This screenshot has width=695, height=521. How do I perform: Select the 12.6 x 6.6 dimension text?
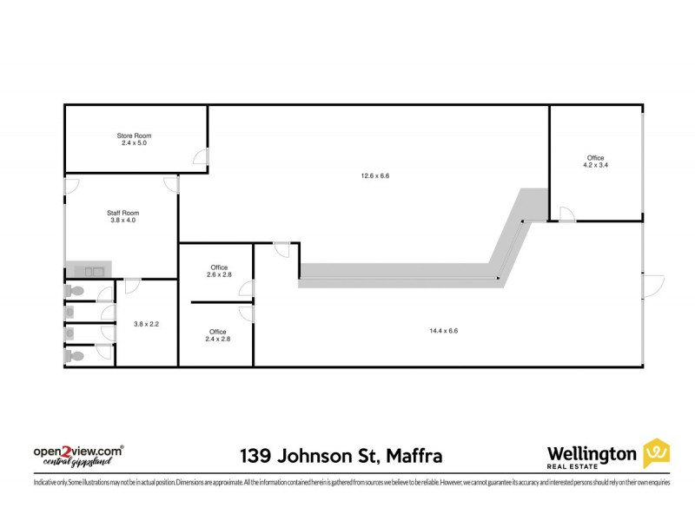point(375,176)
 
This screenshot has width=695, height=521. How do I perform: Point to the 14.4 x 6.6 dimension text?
point(443,330)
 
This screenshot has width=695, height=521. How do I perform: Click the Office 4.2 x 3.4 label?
point(595,161)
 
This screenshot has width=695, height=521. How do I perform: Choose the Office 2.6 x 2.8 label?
point(218,271)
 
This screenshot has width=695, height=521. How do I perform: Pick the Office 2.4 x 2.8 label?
point(218,335)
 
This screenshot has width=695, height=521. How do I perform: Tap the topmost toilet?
point(75,291)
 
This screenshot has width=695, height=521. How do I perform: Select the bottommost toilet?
point(75,354)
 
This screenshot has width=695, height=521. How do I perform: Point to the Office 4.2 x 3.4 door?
point(566,214)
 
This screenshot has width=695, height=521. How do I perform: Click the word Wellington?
point(591,452)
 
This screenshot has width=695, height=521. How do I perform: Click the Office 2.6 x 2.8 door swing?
point(247,290)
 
